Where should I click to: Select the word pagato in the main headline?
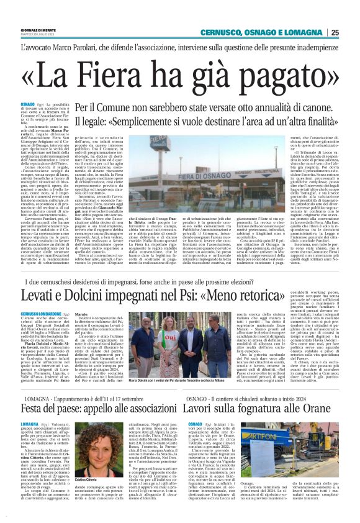[272, 75]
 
